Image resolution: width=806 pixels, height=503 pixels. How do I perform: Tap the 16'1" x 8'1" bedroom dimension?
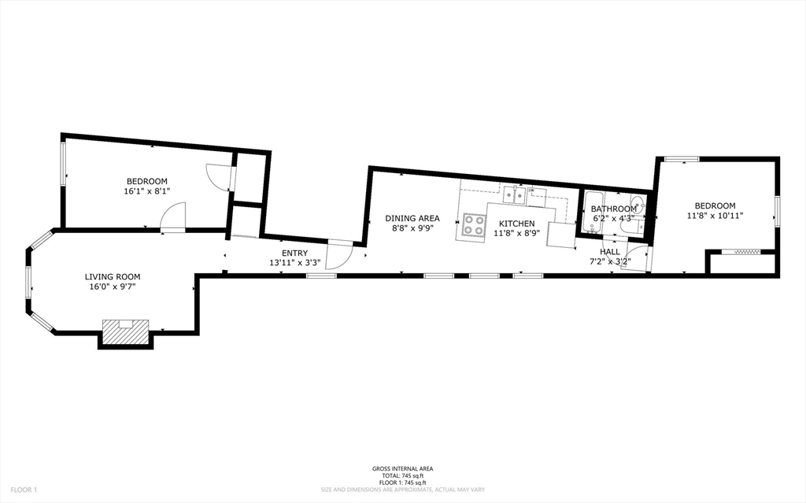[146, 191]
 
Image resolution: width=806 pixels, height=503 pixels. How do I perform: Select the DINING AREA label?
[412, 218]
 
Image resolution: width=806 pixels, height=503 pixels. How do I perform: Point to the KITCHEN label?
[516, 224]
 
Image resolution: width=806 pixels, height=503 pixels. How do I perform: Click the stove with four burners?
[474, 224]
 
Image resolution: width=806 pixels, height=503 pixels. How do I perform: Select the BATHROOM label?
[613, 209]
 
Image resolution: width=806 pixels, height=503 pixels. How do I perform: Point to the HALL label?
[610, 251]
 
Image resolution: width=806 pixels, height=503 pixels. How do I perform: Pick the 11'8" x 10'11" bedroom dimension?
[715, 215]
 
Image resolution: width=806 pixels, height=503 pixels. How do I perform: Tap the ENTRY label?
[294, 253]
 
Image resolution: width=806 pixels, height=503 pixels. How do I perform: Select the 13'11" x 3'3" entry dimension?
[294, 263]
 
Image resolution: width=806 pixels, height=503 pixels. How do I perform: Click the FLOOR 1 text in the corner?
[24, 490]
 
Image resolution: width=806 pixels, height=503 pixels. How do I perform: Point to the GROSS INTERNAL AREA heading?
[402, 469]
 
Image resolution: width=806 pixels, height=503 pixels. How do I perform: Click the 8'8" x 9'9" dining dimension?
[412, 227]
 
